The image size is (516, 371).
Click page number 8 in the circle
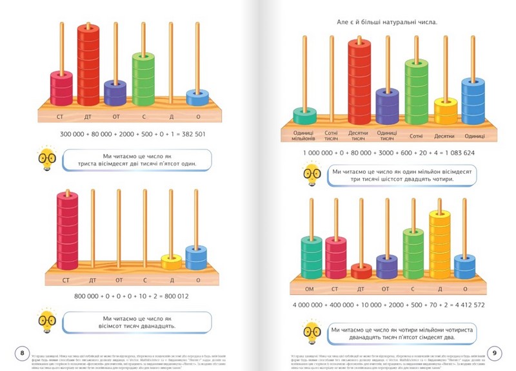(x=23, y=352)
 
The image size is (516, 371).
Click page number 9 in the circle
(x=494, y=352)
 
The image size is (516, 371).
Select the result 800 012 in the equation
(x=170, y=296)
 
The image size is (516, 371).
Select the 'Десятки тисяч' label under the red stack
(x=359, y=136)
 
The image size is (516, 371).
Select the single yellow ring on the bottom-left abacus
(x=171, y=262)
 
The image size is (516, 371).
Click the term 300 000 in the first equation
(x=75, y=134)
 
